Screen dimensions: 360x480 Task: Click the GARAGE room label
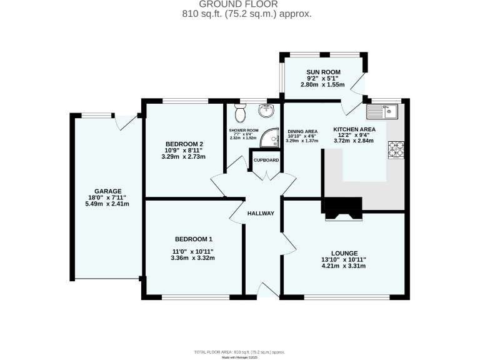pos(107,191)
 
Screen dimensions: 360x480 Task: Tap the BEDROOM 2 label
pos(184,144)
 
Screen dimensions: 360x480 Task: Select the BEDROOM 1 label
pos(193,239)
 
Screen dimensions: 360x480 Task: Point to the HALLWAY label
pos(261,213)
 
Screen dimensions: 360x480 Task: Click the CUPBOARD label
pos(266,160)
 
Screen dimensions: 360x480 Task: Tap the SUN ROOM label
pos(322,72)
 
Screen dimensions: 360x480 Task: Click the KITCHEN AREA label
pos(351,127)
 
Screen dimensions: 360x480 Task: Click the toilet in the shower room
pos(239,114)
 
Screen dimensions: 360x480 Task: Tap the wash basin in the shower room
pos(267,111)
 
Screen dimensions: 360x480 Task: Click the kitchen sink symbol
pos(383,112)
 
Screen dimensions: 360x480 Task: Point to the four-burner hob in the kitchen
pos(396,150)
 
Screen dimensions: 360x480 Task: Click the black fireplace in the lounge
pos(342,208)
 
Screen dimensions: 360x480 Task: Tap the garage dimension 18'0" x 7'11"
pos(107,197)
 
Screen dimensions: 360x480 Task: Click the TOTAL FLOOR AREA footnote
pos(239,351)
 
